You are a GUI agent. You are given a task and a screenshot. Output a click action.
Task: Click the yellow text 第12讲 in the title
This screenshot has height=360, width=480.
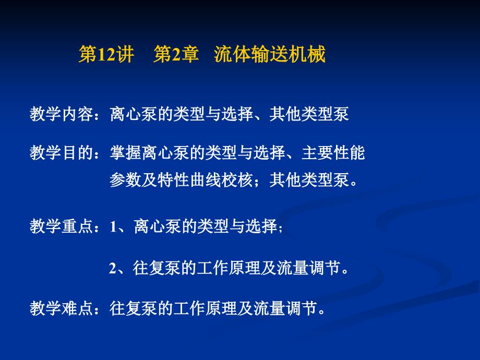106,54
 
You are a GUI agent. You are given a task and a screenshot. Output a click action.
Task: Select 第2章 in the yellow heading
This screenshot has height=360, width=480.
176,54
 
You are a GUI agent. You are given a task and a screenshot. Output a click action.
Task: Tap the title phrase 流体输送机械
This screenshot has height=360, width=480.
270,54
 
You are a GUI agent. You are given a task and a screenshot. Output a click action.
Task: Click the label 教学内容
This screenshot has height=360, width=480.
62,114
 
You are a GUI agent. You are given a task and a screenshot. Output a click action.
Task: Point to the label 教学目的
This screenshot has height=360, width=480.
62,152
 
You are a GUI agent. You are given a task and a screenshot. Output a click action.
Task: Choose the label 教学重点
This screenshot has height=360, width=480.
62,226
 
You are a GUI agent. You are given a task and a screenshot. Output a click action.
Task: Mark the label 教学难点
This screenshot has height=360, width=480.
62,308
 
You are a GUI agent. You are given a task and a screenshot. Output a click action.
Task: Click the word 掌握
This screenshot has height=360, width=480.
126,152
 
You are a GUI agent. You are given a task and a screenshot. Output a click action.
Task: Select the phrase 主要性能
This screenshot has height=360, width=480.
333,152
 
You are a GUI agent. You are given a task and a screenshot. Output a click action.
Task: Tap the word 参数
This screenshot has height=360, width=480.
126,179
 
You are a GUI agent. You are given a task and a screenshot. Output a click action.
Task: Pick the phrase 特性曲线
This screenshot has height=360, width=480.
189,179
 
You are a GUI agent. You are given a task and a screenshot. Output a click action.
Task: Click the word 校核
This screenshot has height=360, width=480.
237,179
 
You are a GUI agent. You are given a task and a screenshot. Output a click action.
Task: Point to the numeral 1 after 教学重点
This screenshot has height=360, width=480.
113,227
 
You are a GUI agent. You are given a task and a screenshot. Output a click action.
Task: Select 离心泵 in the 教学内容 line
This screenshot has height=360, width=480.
134,114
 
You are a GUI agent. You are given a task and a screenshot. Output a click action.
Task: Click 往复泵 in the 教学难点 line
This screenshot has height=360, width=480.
134,308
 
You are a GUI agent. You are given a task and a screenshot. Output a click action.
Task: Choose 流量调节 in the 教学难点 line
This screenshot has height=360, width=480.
285,308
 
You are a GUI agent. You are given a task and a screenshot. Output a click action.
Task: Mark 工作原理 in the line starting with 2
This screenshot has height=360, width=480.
229,268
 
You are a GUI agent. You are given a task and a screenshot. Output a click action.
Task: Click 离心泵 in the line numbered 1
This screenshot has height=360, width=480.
158,226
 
